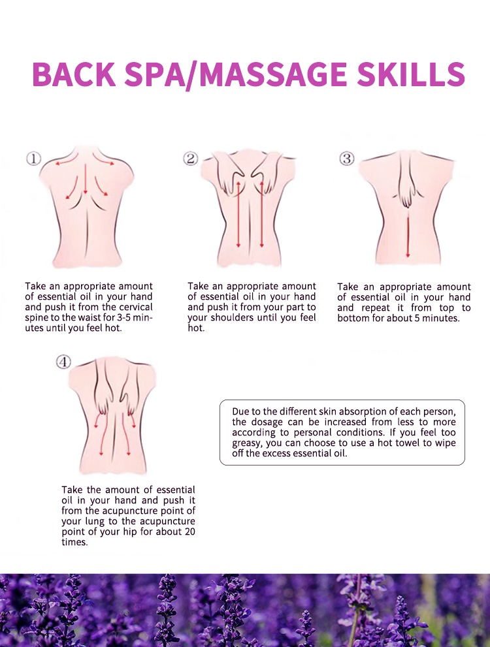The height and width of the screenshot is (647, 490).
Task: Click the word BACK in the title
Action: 74,74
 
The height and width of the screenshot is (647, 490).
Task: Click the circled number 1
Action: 33,159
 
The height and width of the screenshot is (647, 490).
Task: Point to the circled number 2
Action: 190,159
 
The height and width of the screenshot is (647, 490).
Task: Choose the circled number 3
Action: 347,159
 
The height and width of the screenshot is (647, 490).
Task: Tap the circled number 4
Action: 63,362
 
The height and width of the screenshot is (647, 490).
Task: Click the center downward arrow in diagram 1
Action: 85,179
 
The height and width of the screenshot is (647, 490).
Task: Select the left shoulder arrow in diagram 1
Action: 66,161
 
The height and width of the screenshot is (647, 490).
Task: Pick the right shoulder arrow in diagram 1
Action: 103,160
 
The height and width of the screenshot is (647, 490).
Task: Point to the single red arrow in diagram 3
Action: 408,237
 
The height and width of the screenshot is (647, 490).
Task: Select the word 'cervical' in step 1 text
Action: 136,307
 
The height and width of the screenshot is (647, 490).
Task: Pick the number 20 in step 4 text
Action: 190,531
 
